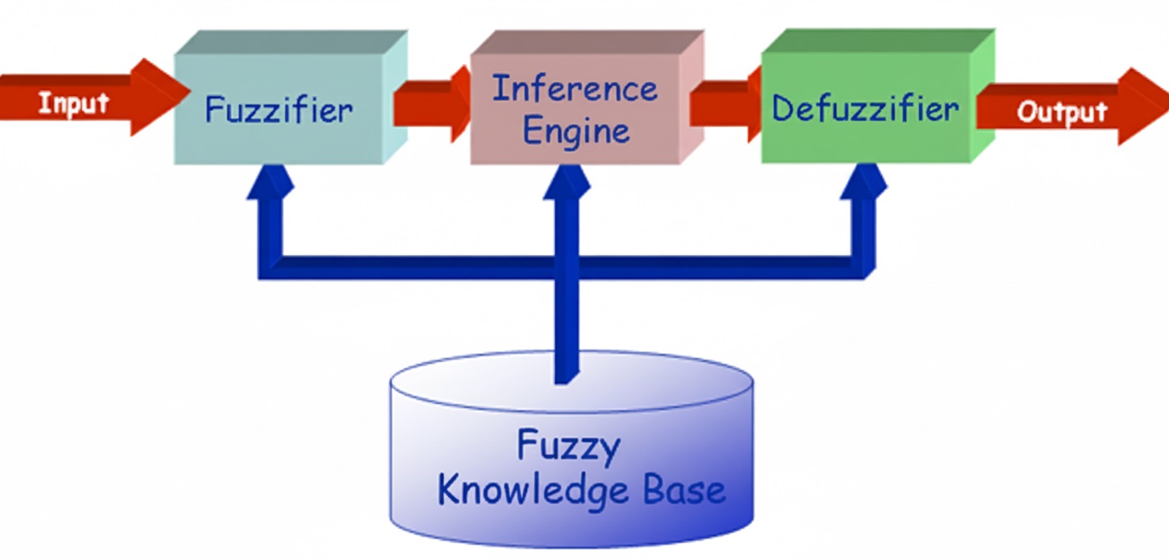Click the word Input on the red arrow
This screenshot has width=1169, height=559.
[73, 102]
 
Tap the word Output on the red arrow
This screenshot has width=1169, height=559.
[1062, 113]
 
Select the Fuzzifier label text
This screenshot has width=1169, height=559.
[279, 110]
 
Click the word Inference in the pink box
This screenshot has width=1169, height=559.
[574, 89]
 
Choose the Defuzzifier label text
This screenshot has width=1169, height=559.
[866, 108]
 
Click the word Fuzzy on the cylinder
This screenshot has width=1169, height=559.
[568, 445]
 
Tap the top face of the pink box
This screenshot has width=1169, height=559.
[586, 42]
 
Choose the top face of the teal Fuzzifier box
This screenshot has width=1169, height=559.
[291, 42]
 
